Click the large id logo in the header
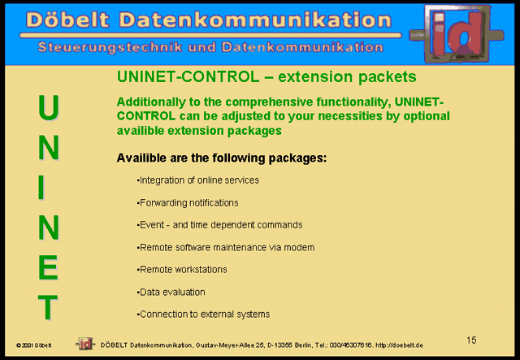tap(457, 33)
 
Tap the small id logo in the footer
tap(85, 344)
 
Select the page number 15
tap(471, 340)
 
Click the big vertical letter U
tap(49, 107)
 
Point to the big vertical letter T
tap(48, 307)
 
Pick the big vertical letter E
tap(49, 267)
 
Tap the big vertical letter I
tap(41, 188)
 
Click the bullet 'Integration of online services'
tap(198, 180)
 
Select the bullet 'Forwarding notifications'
tap(188, 202)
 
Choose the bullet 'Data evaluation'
tap(171, 292)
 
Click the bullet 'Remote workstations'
tap(182, 270)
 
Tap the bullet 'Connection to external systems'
tap(204, 314)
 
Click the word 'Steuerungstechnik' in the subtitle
tap(110, 47)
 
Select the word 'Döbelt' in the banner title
tap(67, 20)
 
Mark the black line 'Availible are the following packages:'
tap(222, 158)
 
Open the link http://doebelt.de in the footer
tap(399, 345)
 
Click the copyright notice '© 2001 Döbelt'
tap(34, 345)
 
